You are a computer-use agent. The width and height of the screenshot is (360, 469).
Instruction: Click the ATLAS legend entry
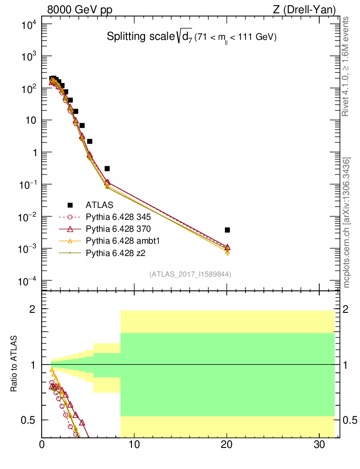coord(99,205)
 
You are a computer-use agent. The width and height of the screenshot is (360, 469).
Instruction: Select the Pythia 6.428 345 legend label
coord(119,217)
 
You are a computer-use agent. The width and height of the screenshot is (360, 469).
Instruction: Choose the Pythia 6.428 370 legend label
coord(119,229)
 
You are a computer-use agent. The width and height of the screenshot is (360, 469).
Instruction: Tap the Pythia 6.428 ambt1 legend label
coord(122,240)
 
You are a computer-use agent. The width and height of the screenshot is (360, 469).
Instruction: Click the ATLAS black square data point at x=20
coord(228,230)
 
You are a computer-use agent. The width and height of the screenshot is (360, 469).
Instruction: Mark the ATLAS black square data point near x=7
coord(107,169)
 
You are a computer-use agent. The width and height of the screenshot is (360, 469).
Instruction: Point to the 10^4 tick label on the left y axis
coord(29,25)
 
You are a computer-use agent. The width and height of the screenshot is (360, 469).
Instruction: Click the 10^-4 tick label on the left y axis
coord(28,281)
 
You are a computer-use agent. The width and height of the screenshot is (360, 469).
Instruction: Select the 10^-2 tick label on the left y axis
coord(28,217)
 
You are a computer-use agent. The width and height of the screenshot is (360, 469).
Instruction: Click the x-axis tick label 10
coord(134,457)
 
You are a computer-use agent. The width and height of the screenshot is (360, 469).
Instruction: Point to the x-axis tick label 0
coord(42,457)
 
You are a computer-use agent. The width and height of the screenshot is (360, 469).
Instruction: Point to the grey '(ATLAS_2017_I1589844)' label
coord(190,274)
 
